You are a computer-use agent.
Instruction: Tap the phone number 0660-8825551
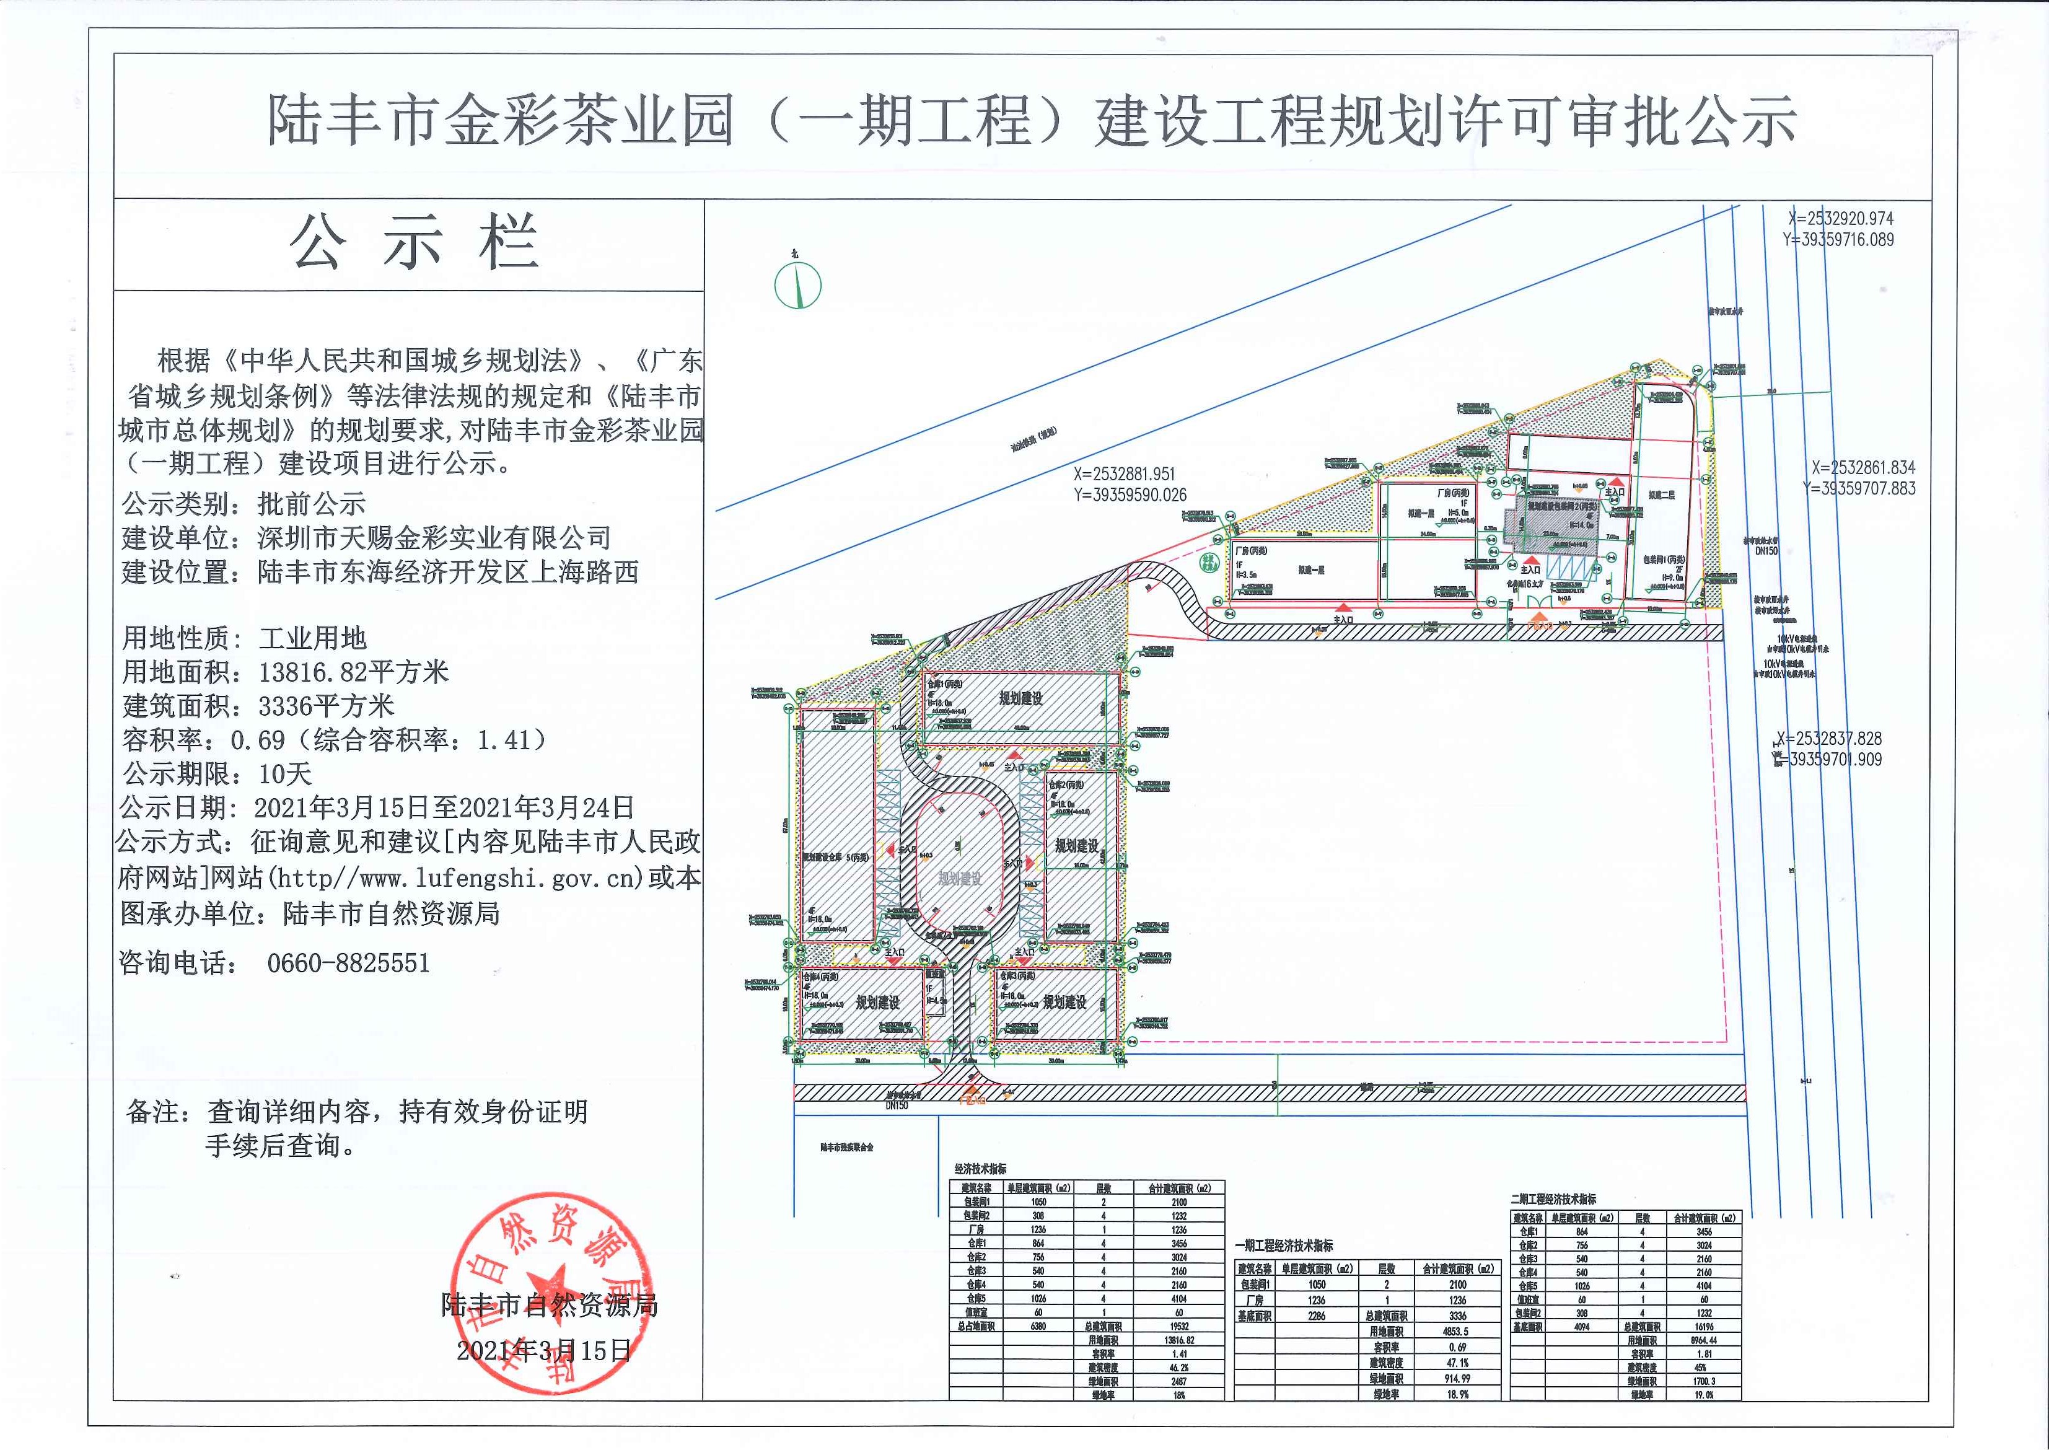click(348, 962)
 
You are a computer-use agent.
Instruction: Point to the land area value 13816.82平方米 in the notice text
click(354, 672)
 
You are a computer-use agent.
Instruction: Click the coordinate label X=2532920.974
click(1840, 218)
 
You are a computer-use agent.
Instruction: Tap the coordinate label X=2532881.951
click(1124, 474)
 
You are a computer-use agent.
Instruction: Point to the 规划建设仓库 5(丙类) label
click(835, 857)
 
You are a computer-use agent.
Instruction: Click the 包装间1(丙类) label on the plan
click(1664, 559)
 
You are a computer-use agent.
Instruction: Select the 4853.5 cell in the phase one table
click(1456, 1331)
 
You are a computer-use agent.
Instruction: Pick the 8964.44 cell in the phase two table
click(1703, 1340)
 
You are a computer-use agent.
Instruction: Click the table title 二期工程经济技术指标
click(1553, 1199)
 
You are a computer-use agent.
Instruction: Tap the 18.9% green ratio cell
click(1456, 1394)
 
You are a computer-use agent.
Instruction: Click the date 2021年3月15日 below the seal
click(544, 1351)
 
